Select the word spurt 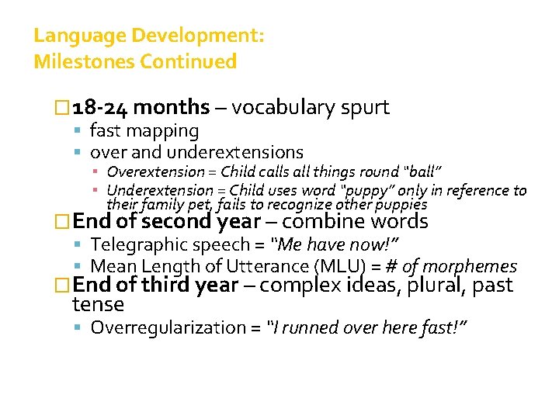[364, 107]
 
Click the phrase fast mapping [144, 131]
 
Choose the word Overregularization [167, 327]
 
